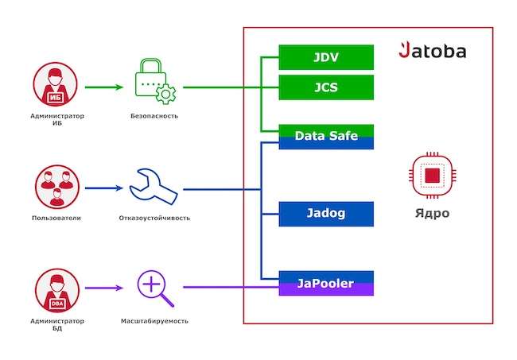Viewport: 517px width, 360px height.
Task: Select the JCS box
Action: pos(326,87)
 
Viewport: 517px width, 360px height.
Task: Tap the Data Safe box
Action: pos(326,136)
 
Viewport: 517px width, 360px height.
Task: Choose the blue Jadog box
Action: pos(326,213)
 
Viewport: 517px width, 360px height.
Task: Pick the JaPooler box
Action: pos(326,283)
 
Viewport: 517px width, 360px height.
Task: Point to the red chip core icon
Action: pos(432,176)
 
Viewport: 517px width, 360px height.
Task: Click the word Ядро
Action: pos(432,213)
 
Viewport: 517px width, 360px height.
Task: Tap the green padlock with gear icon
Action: pos(154,83)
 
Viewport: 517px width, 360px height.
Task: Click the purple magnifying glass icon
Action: pos(154,288)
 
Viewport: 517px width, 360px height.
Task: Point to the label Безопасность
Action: pos(154,116)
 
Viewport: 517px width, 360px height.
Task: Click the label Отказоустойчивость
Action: pos(154,218)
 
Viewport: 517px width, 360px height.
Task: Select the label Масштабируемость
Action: pos(154,321)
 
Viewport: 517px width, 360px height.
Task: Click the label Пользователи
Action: pos(55,218)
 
